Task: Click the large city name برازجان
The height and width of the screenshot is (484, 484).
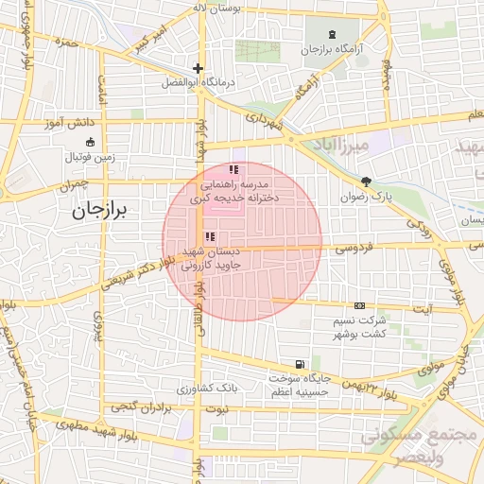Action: pyautogui.click(x=105, y=211)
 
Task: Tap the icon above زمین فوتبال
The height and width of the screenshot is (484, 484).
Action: pyautogui.click(x=90, y=142)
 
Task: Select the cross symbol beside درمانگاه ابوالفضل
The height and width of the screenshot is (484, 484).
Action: pyautogui.click(x=198, y=68)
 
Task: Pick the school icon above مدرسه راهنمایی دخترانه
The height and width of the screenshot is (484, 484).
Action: pyautogui.click(x=233, y=169)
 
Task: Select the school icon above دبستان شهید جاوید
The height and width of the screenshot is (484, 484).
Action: pyautogui.click(x=210, y=236)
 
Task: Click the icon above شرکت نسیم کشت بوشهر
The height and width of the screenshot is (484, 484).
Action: pyautogui.click(x=359, y=305)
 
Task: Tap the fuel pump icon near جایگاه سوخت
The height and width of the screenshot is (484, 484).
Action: pyautogui.click(x=300, y=364)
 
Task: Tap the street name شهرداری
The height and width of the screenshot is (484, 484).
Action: pyautogui.click(x=265, y=124)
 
